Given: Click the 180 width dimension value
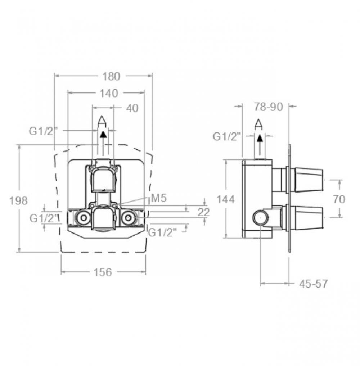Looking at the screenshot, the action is [111, 76].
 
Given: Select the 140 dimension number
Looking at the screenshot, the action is [109, 93].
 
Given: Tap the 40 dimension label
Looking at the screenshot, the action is [132, 108].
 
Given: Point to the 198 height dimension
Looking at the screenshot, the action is [18, 201].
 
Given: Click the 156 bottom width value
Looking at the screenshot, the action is [103, 272].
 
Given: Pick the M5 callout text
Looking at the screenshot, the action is [159, 198].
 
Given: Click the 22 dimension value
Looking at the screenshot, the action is [203, 212].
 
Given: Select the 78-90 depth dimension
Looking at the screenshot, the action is [269, 107].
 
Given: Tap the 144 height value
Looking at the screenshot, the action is [225, 200].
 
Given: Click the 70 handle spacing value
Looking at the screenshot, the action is [339, 199].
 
